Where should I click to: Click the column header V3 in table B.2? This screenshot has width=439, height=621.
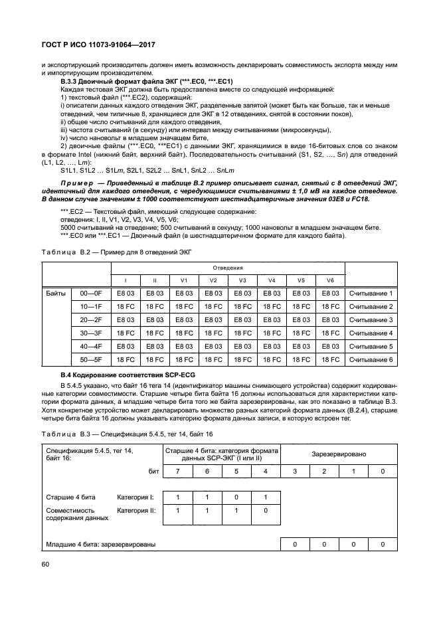pos(242,280)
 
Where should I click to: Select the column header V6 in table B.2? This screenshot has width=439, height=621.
pos(330,280)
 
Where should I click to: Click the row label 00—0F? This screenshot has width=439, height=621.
pos(90,293)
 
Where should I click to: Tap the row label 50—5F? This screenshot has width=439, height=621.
pos(90,359)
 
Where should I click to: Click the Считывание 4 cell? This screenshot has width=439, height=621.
pos(371,333)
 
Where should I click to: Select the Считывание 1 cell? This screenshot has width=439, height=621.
pos(371,293)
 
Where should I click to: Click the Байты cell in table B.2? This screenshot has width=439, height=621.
pos(56,293)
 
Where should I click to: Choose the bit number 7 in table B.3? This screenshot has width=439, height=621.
pos(177,471)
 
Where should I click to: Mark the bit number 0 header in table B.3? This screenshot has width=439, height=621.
pos(382,471)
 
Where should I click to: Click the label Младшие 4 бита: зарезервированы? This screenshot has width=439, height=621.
pos(101,545)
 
